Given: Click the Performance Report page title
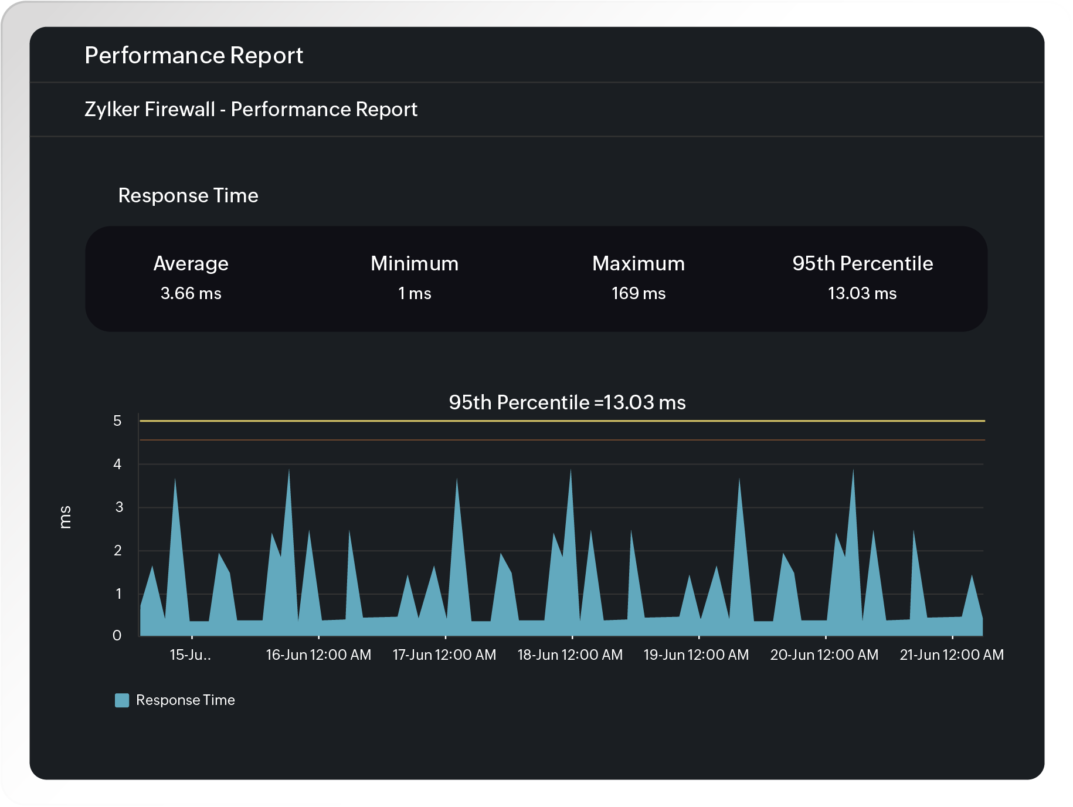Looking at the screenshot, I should [193, 55].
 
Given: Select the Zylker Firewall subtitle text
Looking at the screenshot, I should [250, 109].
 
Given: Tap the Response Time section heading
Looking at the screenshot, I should [188, 195].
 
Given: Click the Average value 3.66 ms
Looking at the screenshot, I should [191, 293].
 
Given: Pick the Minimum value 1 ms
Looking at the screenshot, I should [415, 293].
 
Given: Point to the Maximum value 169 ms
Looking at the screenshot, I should [638, 293].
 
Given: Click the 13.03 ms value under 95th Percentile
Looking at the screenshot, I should [862, 293].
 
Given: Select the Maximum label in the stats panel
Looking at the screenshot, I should [638, 263].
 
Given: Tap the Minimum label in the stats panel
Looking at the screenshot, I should [415, 263].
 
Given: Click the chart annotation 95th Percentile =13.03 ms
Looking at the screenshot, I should [567, 402].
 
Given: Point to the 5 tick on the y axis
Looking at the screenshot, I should [117, 421].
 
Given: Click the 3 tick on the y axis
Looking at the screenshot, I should [119, 507].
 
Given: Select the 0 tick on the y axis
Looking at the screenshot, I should [117, 635].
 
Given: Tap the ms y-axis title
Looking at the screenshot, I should [65, 517].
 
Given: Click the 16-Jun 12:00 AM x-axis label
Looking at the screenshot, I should [318, 655].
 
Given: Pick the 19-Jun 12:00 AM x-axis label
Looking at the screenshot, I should [696, 655].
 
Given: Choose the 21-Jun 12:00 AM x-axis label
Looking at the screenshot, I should [952, 655].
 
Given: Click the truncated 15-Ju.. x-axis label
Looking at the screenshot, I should [190, 655].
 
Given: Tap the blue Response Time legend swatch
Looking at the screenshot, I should [122, 700].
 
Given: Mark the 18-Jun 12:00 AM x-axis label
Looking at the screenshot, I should [570, 655].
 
